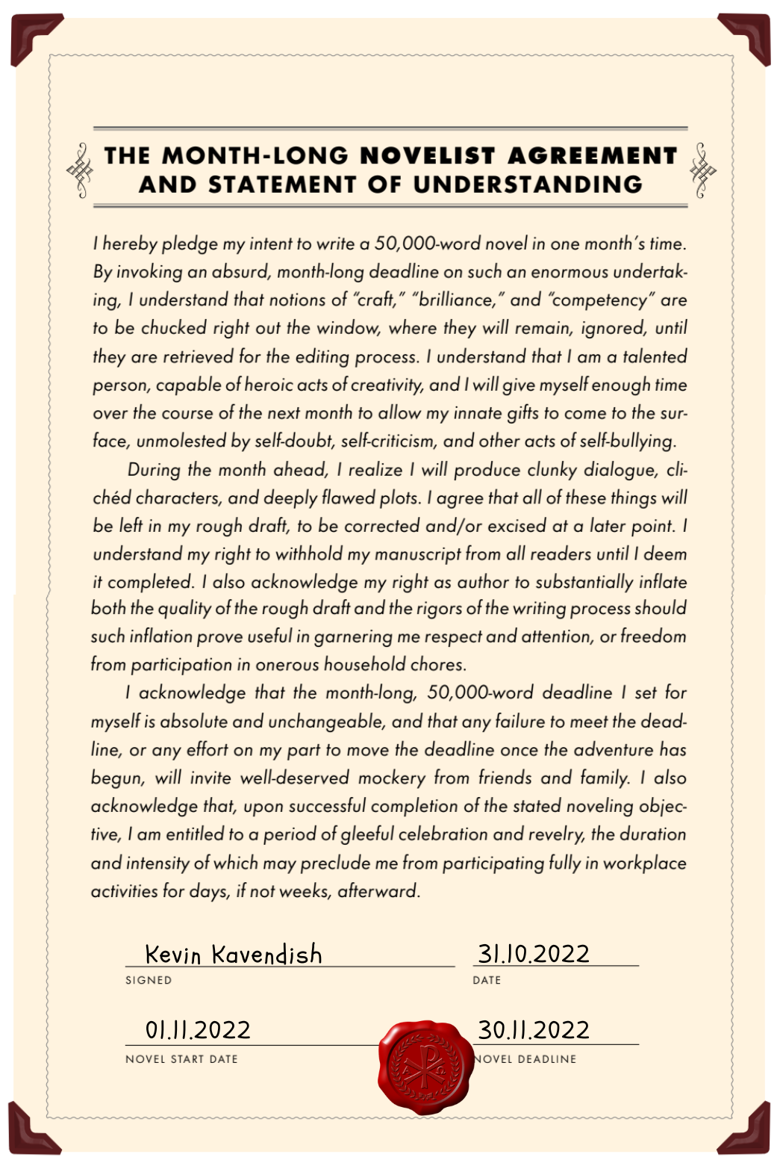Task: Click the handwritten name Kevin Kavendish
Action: tap(234, 954)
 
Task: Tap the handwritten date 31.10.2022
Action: tap(534, 953)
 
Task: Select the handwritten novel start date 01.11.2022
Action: tap(198, 1030)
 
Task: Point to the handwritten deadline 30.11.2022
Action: tap(534, 1030)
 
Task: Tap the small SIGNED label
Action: tap(149, 980)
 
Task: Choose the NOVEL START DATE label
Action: tap(181, 1058)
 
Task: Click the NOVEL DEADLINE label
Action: tap(527, 1058)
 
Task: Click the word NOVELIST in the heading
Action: tap(428, 155)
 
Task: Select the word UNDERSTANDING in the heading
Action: tap(528, 185)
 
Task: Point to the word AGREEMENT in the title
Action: tap(592, 155)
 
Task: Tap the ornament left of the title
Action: tap(81, 170)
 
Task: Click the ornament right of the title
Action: tap(702, 170)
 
